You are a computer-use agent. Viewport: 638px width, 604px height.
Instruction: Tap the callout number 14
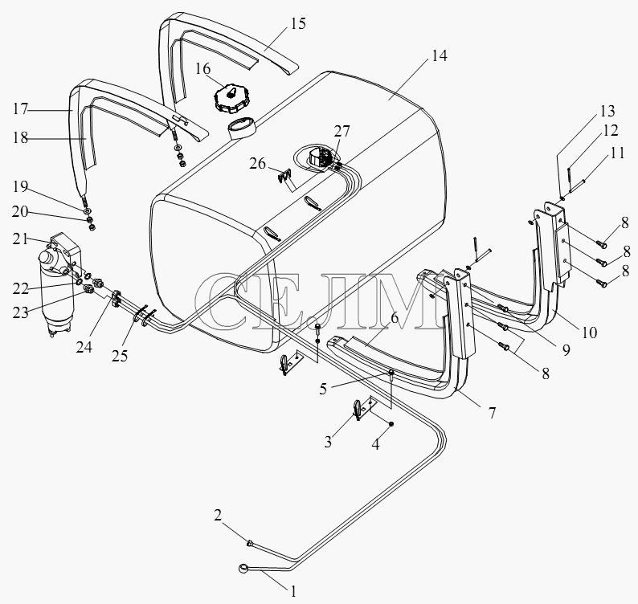tap(439, 55)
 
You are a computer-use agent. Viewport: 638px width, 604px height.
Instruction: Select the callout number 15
tap(298, 23)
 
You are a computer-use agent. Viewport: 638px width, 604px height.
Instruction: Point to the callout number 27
tap(341, 132)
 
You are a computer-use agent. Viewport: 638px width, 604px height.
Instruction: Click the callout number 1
tap(293, 591)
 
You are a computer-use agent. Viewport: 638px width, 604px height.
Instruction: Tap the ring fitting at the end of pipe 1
tap(243, 568)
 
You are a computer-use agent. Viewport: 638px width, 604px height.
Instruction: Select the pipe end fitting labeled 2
tap(250, 542)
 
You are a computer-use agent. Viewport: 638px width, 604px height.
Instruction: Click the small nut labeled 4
tap(391, 424)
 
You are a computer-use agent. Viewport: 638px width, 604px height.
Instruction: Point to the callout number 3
tap(328, 441)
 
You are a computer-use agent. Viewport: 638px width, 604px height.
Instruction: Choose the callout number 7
tap(493, 413)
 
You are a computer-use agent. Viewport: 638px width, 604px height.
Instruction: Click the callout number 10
tap(589, 333)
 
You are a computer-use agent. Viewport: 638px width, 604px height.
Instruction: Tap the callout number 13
tap(607, 111)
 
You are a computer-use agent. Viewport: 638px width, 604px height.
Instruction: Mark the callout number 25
tap(120, 356)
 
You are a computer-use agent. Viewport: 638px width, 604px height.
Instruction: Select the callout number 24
tap(84, 347)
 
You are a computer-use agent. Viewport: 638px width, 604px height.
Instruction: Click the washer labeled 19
tap(88, 211)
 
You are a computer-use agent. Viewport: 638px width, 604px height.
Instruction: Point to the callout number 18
tap(20, 137)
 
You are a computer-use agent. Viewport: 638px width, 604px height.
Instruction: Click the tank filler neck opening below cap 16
tap(241, 127)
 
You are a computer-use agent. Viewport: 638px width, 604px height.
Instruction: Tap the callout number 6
tap(394, 317)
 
